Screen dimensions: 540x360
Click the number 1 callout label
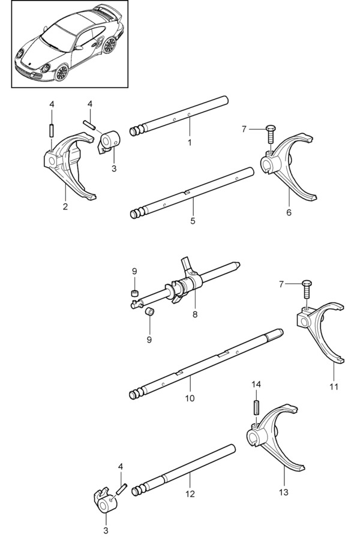(x=190, y=142)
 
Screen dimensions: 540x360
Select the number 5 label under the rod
(x=192, y=221)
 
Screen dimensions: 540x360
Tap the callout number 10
(x=189, y=397)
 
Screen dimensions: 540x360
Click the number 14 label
(x=256, y=383)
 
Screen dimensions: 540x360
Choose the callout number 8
(x=194, y=313)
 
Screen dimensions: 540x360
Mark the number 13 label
(x=283, y=492)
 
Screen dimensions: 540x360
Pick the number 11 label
(x=334, y=386)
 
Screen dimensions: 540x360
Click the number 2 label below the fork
(x=65, y=207)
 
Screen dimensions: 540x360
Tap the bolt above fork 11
(x=308, y=290)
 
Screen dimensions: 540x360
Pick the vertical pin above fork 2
(x=52, y=129)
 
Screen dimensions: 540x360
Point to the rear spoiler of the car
(x=111, y=14)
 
